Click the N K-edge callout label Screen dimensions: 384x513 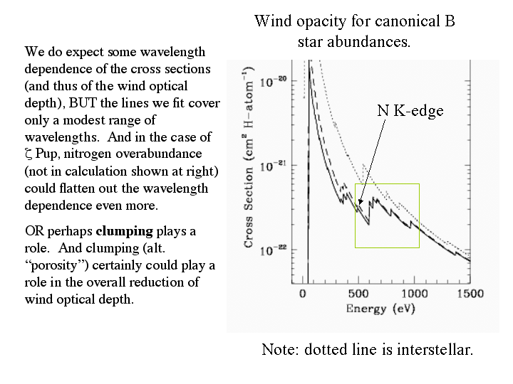pos(410,110)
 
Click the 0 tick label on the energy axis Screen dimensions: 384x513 pos(304,293)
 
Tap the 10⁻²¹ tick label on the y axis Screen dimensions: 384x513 pos(273,165)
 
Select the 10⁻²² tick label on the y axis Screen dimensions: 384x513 pos(273,250)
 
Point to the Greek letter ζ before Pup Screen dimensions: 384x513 pos(28,154)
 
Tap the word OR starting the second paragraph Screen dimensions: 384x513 pos(33,232)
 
